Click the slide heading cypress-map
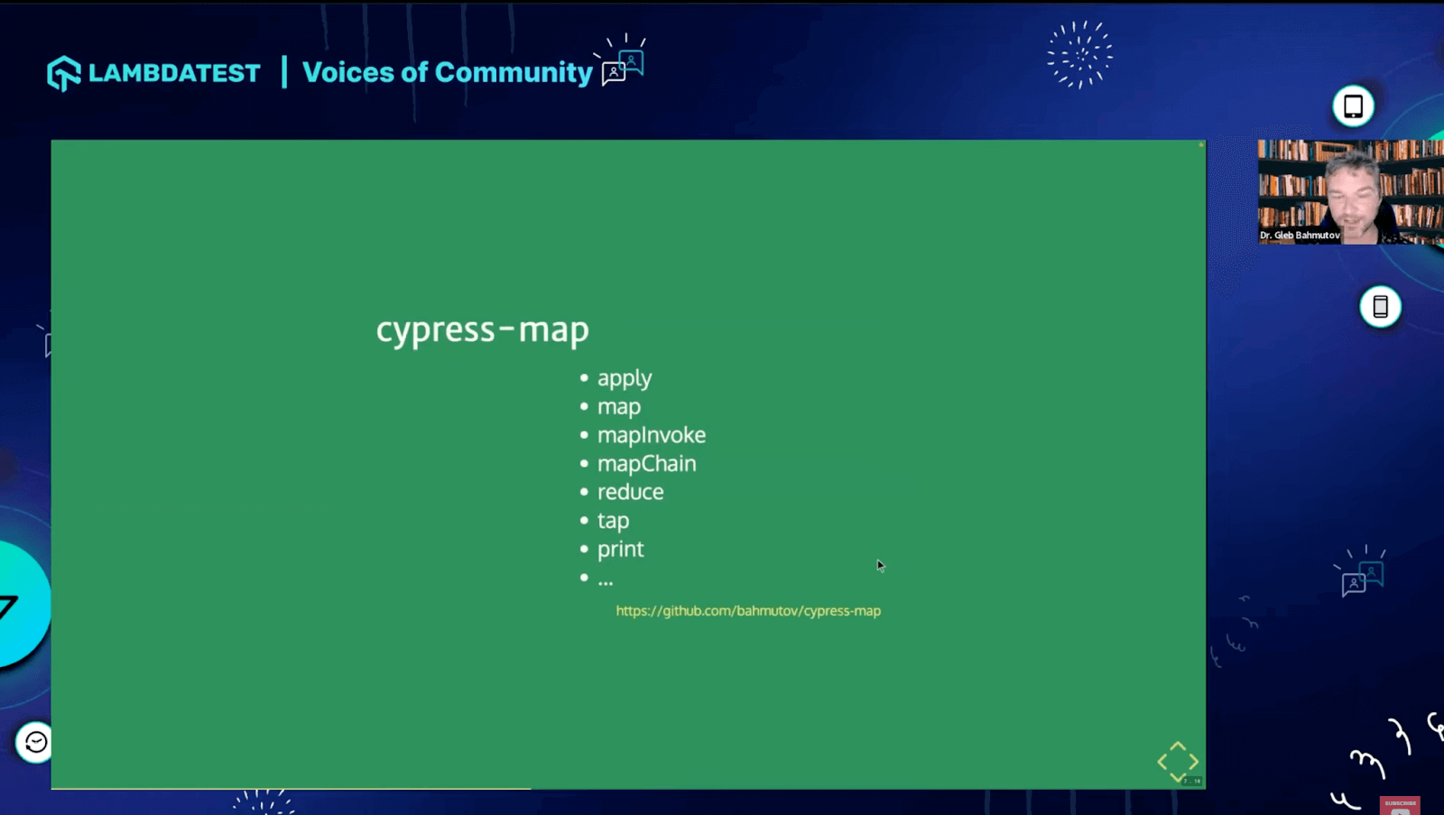(x=482, y=329)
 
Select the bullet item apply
(x=624, y=378)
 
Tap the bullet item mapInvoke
(x=651, y=435)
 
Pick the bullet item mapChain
(x=646, y=464)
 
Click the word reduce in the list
(x=630, y=492)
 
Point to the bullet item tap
(x=613, y=521)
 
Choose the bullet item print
(x=620, y=549)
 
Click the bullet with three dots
(x=605, y=579)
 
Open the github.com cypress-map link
(x=748, y=611)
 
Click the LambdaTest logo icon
(x=64, y=73)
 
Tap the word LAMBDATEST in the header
(x=174, y=73)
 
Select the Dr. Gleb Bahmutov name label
(x=1300, y=236)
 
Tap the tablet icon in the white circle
(x=1353, y=107)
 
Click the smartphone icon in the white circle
(x=1380, y=307)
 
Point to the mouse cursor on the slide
(x=880, y=565)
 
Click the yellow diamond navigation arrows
(x=1178, y=762)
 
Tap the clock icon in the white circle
(x=36, y=742)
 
